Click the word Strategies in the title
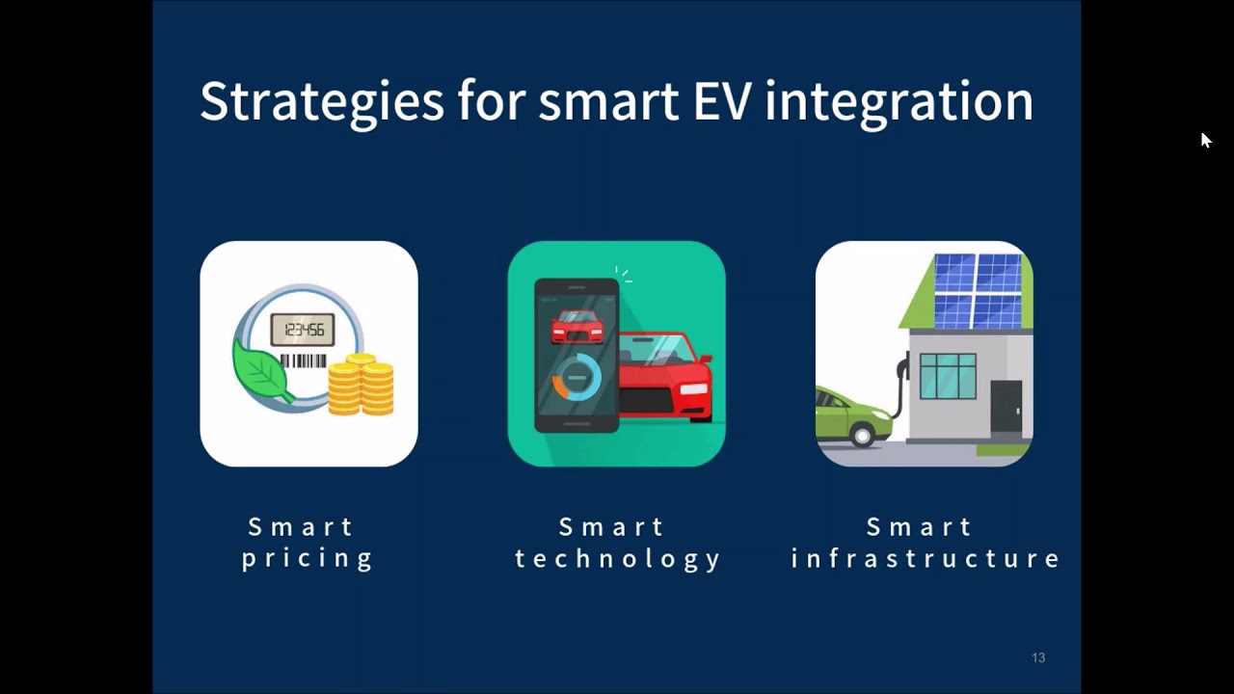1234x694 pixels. pos(321,102)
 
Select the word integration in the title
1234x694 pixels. pos(899,102)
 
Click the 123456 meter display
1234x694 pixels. pos(303,331)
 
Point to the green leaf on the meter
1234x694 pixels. pos(260,367)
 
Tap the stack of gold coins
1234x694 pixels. pos(362,385)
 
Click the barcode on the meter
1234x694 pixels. pos(304,361)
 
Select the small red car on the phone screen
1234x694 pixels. pos(577,327)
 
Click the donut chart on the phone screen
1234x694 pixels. pos(577,378)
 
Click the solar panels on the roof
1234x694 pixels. pos(977,288)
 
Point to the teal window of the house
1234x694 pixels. pos(948,376)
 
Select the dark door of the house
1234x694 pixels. pos(1006,406)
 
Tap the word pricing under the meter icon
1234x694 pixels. pos(308,559)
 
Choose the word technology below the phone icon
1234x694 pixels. pos(617,559)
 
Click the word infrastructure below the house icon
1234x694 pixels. pos(925,559)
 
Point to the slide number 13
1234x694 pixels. pos(1038,657)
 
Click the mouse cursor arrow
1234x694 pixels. pos(1205,140)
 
